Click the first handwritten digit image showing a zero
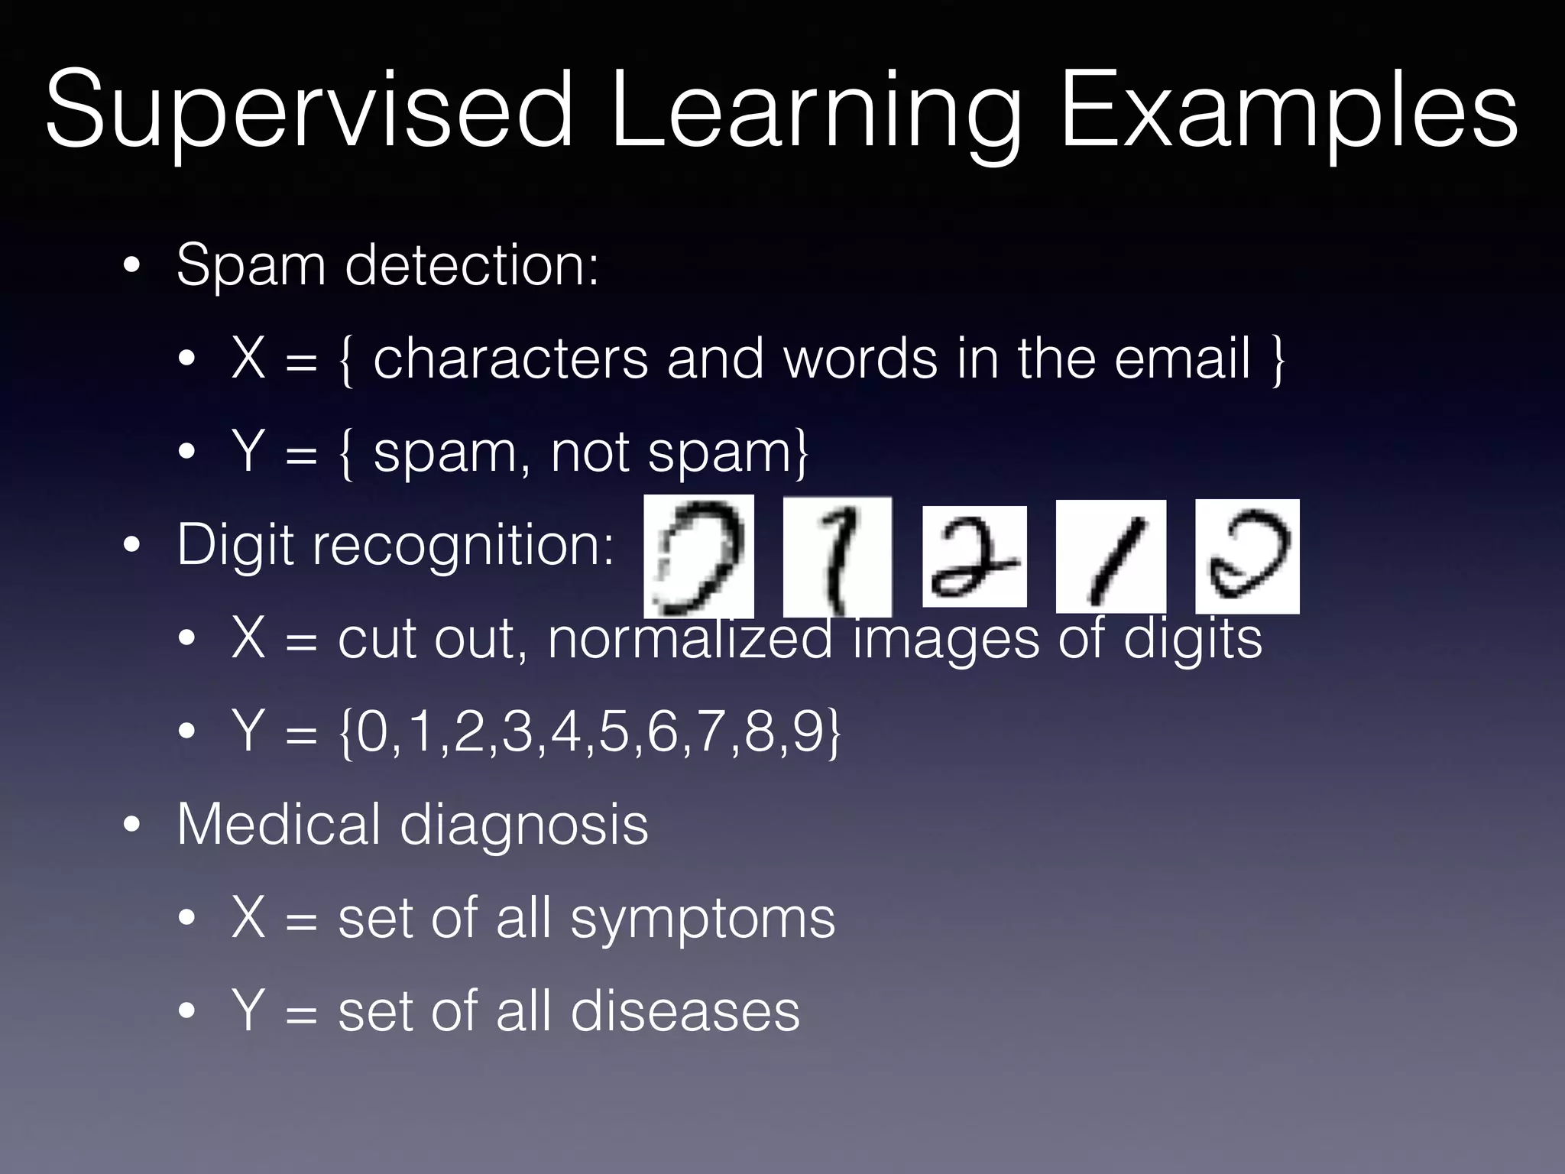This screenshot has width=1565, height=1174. tap(698, 556)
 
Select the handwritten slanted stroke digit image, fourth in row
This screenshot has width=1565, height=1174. tap(1110, 556)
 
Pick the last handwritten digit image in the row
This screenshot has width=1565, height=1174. tap(1247, 556)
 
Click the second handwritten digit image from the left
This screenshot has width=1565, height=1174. tap(838, 556)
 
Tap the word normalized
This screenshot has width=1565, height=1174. tap(689, 638)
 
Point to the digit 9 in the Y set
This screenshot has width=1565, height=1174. tap(807, 731)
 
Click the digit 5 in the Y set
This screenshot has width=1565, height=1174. tap(614, 731)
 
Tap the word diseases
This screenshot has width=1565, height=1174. tap(685, 1011)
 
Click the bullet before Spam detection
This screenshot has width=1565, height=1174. tap(131, 267)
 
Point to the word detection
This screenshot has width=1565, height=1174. tap(472, 265)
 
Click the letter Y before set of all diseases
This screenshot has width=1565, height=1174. tap(248, 1011)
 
